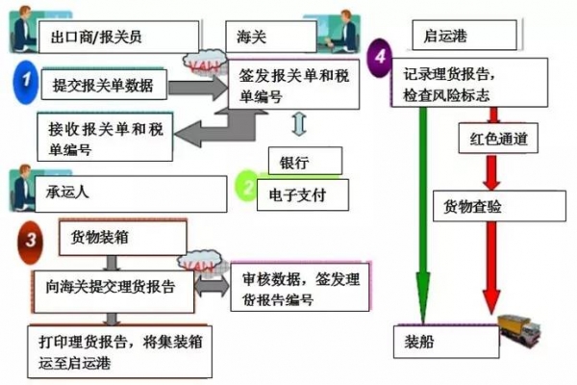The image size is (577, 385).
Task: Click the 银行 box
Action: click(305, 161)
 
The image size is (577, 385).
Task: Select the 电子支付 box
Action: click(305, 193)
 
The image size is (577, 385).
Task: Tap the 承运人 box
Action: click(115, 192)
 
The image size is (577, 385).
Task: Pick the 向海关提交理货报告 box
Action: click(113, 287)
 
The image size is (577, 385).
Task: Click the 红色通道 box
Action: click(499, 140)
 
